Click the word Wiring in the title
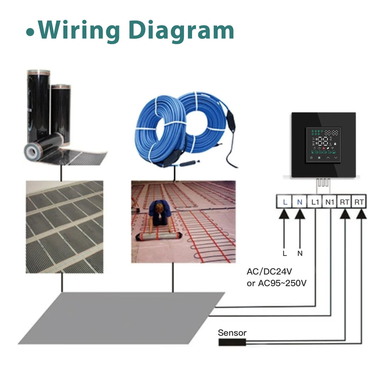coord(79,31)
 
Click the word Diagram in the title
coord(181,31)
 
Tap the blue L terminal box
coord(284,202)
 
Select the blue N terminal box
coord(299,202)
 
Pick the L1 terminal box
coord(315,202)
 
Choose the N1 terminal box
coord(330,202)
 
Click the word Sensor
coord(232,333)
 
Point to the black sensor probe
coord(232,342)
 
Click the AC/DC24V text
coord(269,271)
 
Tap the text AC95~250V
coord(282,283)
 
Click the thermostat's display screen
coord(324,145)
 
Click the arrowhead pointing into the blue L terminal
coord(284,214)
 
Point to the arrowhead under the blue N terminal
coord(300,214)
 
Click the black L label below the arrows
coord(285,254)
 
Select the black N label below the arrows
coord(300,254)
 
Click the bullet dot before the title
coord(30,33)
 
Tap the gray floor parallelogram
coord(121,318)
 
